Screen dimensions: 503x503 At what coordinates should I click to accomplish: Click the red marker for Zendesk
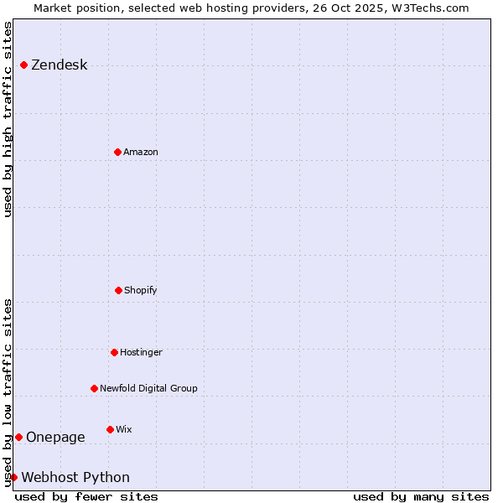(x=23, y=65)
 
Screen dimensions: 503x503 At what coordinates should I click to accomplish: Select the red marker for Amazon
(x=117, y=152)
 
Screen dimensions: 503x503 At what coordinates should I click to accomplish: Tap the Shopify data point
(x=118, y=290)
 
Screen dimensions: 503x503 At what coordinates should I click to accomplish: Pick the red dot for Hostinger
(x=114, y=352)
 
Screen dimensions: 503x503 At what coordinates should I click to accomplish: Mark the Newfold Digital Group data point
(x=94, y=388)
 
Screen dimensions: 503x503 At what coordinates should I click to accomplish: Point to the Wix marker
(x=110, y=429)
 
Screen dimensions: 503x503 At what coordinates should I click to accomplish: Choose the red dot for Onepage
(x=18, y=437)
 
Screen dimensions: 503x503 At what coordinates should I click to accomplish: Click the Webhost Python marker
(x=13, y=477)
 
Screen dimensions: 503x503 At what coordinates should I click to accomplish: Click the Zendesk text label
(x=59, y=65)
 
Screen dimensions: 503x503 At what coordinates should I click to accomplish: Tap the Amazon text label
(x=141, y=152)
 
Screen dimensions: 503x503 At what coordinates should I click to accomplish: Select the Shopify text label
(x=141, y=290)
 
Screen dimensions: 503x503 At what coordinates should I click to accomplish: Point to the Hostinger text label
(x=141, y=352)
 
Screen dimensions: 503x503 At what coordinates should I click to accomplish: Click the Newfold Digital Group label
(x=148, y=388)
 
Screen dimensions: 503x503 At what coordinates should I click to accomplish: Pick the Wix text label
(x=124, y=429)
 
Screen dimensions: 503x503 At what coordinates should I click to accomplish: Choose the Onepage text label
(x=55, y=437)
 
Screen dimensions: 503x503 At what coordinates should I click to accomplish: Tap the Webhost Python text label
(x=75, y=477)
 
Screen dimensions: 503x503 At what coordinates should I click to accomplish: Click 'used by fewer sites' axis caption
(x=86, y=496)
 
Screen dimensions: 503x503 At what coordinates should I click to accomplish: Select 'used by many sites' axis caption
(x=421, y=496)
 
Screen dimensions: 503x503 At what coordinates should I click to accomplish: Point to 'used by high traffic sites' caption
(x=8, y=119)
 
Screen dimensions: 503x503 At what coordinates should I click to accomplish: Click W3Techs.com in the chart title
(x=432, y=8)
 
